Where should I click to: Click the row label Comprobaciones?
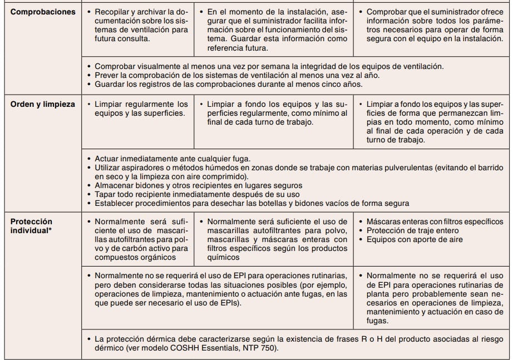click(43, 12)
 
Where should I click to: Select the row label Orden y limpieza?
click(43, 104)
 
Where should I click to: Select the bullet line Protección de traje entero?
click(412, 231)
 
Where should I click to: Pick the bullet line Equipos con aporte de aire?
click(414, 240)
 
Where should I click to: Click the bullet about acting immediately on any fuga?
click(172, 159)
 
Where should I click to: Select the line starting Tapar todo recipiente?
click(198, 194)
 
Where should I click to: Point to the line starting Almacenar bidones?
click(199, 185)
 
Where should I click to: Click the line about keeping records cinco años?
click(228, 84)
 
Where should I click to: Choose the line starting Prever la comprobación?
click(238, 75)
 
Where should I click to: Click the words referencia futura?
click(238, 48)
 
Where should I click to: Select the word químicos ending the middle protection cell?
click(223, 258)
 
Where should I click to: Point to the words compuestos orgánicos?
click(136, 258)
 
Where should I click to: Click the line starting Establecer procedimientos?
click(252, 203)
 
